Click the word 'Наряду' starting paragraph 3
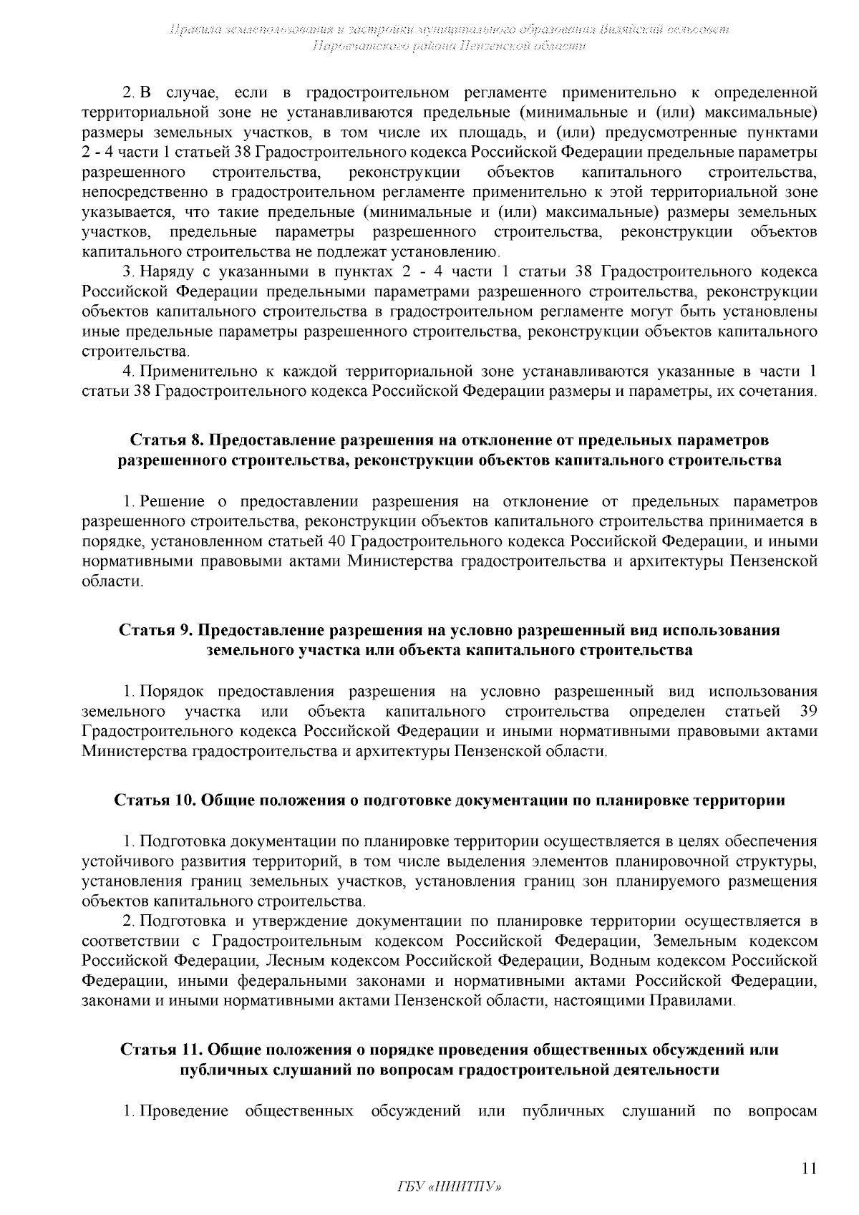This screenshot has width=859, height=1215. pos(164,272)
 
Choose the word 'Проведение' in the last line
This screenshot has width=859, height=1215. pos(184,1111)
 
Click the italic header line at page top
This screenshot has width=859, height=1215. pos(450,30)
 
